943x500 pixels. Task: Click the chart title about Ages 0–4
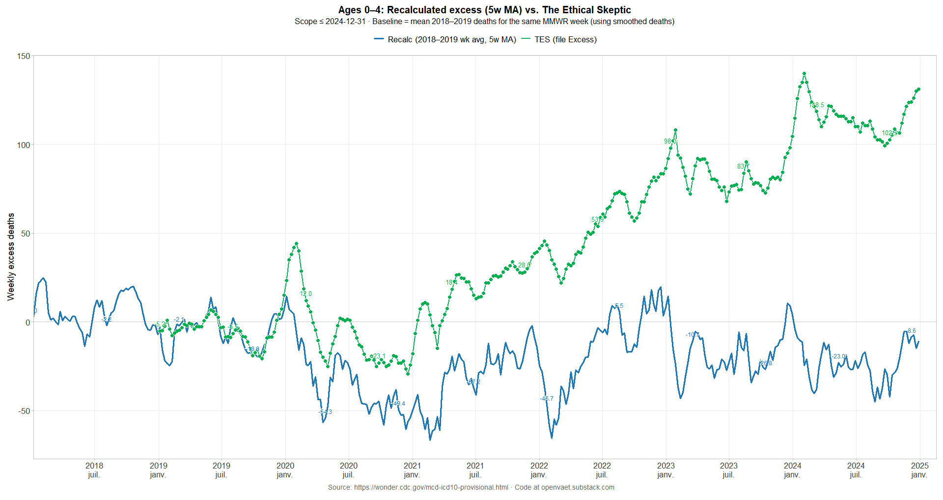point(484,10)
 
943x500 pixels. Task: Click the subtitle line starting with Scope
point(484,22)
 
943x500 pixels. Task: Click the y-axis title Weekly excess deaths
point(11,257)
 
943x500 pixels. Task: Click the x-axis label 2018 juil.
point(94,470)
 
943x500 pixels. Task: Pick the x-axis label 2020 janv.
point(285,470)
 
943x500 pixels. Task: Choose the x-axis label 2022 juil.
point(602,470)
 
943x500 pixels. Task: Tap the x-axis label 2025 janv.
point(919,470)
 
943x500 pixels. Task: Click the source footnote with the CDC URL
point(471,487)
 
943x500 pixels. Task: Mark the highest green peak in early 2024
point(804,74)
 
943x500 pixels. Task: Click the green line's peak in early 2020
point(296,244)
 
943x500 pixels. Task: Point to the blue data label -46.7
point(547,399)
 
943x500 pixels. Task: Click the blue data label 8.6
point(912,331)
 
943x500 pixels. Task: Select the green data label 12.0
point(306,294)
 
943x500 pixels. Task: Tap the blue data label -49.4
point(398,404)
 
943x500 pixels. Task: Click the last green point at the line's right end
point(918,89)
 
